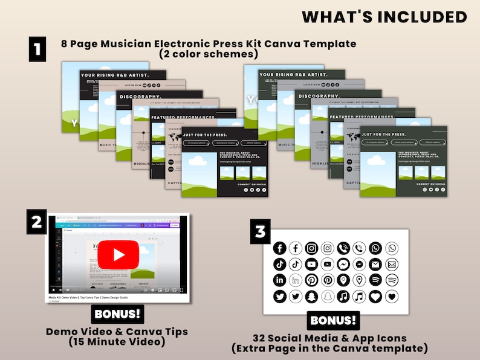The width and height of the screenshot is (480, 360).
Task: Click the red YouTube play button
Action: point(118,254)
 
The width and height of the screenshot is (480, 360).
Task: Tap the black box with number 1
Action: point(37,49)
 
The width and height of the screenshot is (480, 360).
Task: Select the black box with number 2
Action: point(36,222)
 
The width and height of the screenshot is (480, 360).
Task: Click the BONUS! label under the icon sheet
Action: point(333,320)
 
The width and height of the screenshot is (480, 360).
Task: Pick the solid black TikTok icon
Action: point(279,264)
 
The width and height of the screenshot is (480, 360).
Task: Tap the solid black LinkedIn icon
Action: point(279,280)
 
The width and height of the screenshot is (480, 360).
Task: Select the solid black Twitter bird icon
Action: point(279,297)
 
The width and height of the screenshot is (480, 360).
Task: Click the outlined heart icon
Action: point(392,297)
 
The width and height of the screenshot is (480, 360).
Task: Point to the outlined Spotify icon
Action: point(392,280)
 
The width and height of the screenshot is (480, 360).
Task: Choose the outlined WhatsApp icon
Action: point(392,248)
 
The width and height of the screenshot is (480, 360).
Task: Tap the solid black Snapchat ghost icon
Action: point(311,297)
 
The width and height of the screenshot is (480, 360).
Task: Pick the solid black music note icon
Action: point(343,297)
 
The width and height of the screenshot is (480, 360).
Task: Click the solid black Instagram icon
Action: point(311,248)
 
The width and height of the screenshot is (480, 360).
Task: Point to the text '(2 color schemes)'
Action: point(209,54)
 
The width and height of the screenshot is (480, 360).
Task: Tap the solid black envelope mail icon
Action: point(376,264)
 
